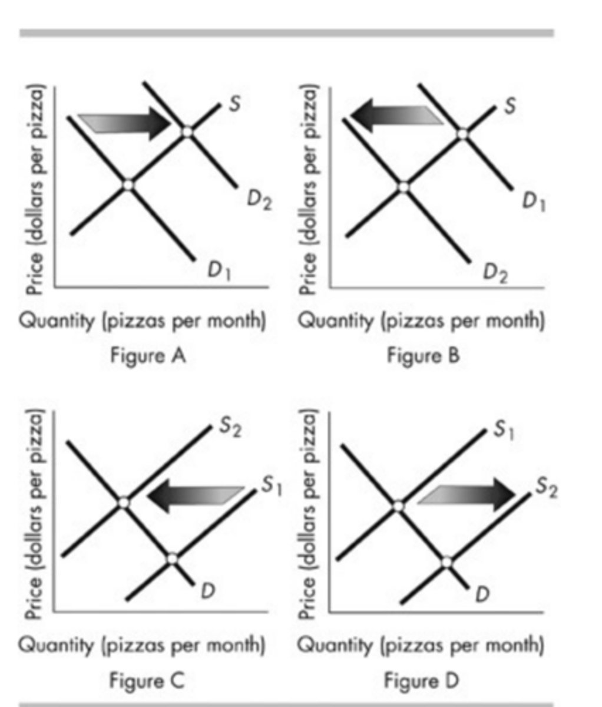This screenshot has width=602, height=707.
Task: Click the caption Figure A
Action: [x=148, y=356]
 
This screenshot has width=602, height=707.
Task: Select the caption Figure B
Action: [x=423, y=356]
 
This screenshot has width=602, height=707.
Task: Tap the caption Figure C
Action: [x=147, y=680]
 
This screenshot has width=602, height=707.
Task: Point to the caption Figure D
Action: [x=421, y=680]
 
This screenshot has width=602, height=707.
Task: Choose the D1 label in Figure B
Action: [x=534, y=202]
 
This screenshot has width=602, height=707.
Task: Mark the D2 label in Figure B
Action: [x=495, y=273]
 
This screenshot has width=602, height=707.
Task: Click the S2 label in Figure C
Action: [x=230, y=428]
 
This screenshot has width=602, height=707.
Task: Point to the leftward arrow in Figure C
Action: [x=194, y=495]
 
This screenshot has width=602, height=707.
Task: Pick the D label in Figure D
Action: [x=482, y=594]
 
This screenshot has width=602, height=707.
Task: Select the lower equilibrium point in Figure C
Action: [x=171, y=558]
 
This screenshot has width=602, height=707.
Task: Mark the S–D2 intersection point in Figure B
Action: [x=403, y=187]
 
